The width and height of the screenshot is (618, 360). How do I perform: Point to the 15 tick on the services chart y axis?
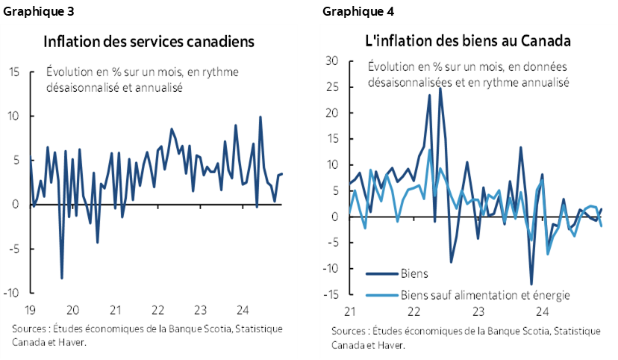[x=15, y=72]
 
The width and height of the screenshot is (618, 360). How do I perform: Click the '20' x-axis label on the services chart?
[x=73, y=310]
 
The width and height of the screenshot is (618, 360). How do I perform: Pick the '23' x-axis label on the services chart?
[x=200, y=310]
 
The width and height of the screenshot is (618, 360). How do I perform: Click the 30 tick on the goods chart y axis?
[x=333, y=61]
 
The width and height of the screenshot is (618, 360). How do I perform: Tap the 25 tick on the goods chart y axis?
[x=333, y=87]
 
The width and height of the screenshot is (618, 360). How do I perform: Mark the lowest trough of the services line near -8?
[x=62, y=278]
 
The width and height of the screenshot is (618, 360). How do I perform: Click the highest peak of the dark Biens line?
[x=440, y=88]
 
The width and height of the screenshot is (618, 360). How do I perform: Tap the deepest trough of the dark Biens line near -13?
[x=531, y=285]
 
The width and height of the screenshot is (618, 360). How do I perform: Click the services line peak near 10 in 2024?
[x=260, y=117]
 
